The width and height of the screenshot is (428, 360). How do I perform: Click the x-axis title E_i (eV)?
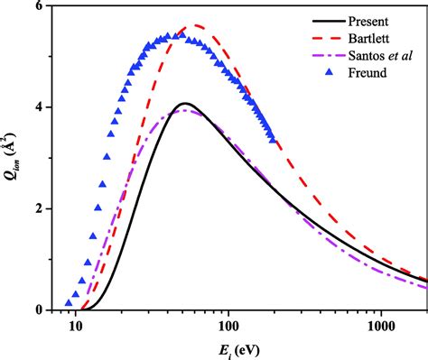[x=242, y=347]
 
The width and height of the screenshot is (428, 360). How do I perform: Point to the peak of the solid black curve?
[x=184, y=103]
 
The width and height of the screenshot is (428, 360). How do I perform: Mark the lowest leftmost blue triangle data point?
[x=69, y=303]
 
